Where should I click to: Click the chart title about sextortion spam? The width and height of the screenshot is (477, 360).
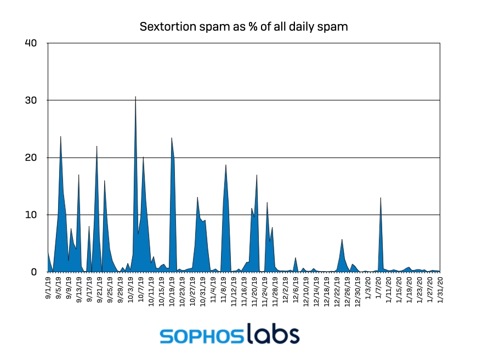pyautogui.click(x=243, y=26)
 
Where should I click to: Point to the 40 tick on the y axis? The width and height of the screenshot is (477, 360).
pyautogui.click(x=31, y=43)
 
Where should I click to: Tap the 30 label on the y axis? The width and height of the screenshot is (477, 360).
pyautogui.click(x=31, y=100)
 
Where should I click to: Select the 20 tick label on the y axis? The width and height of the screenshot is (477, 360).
pyautogui.click(x=31, y=157)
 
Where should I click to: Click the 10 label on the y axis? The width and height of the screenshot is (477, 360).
pyautogui.click(x=31, y=215)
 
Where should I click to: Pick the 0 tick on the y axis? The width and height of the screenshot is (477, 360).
pyautogui.click(x=33, y=272)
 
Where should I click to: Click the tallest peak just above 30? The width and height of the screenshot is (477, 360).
pyautogui.click(x=135, y=98)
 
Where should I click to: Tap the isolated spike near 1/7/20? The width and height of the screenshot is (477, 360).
pyautogui.click(x=381, y=199)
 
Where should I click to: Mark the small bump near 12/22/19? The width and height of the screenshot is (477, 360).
pyautogui.click(x=342, y=240)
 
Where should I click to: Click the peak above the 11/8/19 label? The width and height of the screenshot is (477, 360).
pyautogui.click(x=225, y=166)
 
